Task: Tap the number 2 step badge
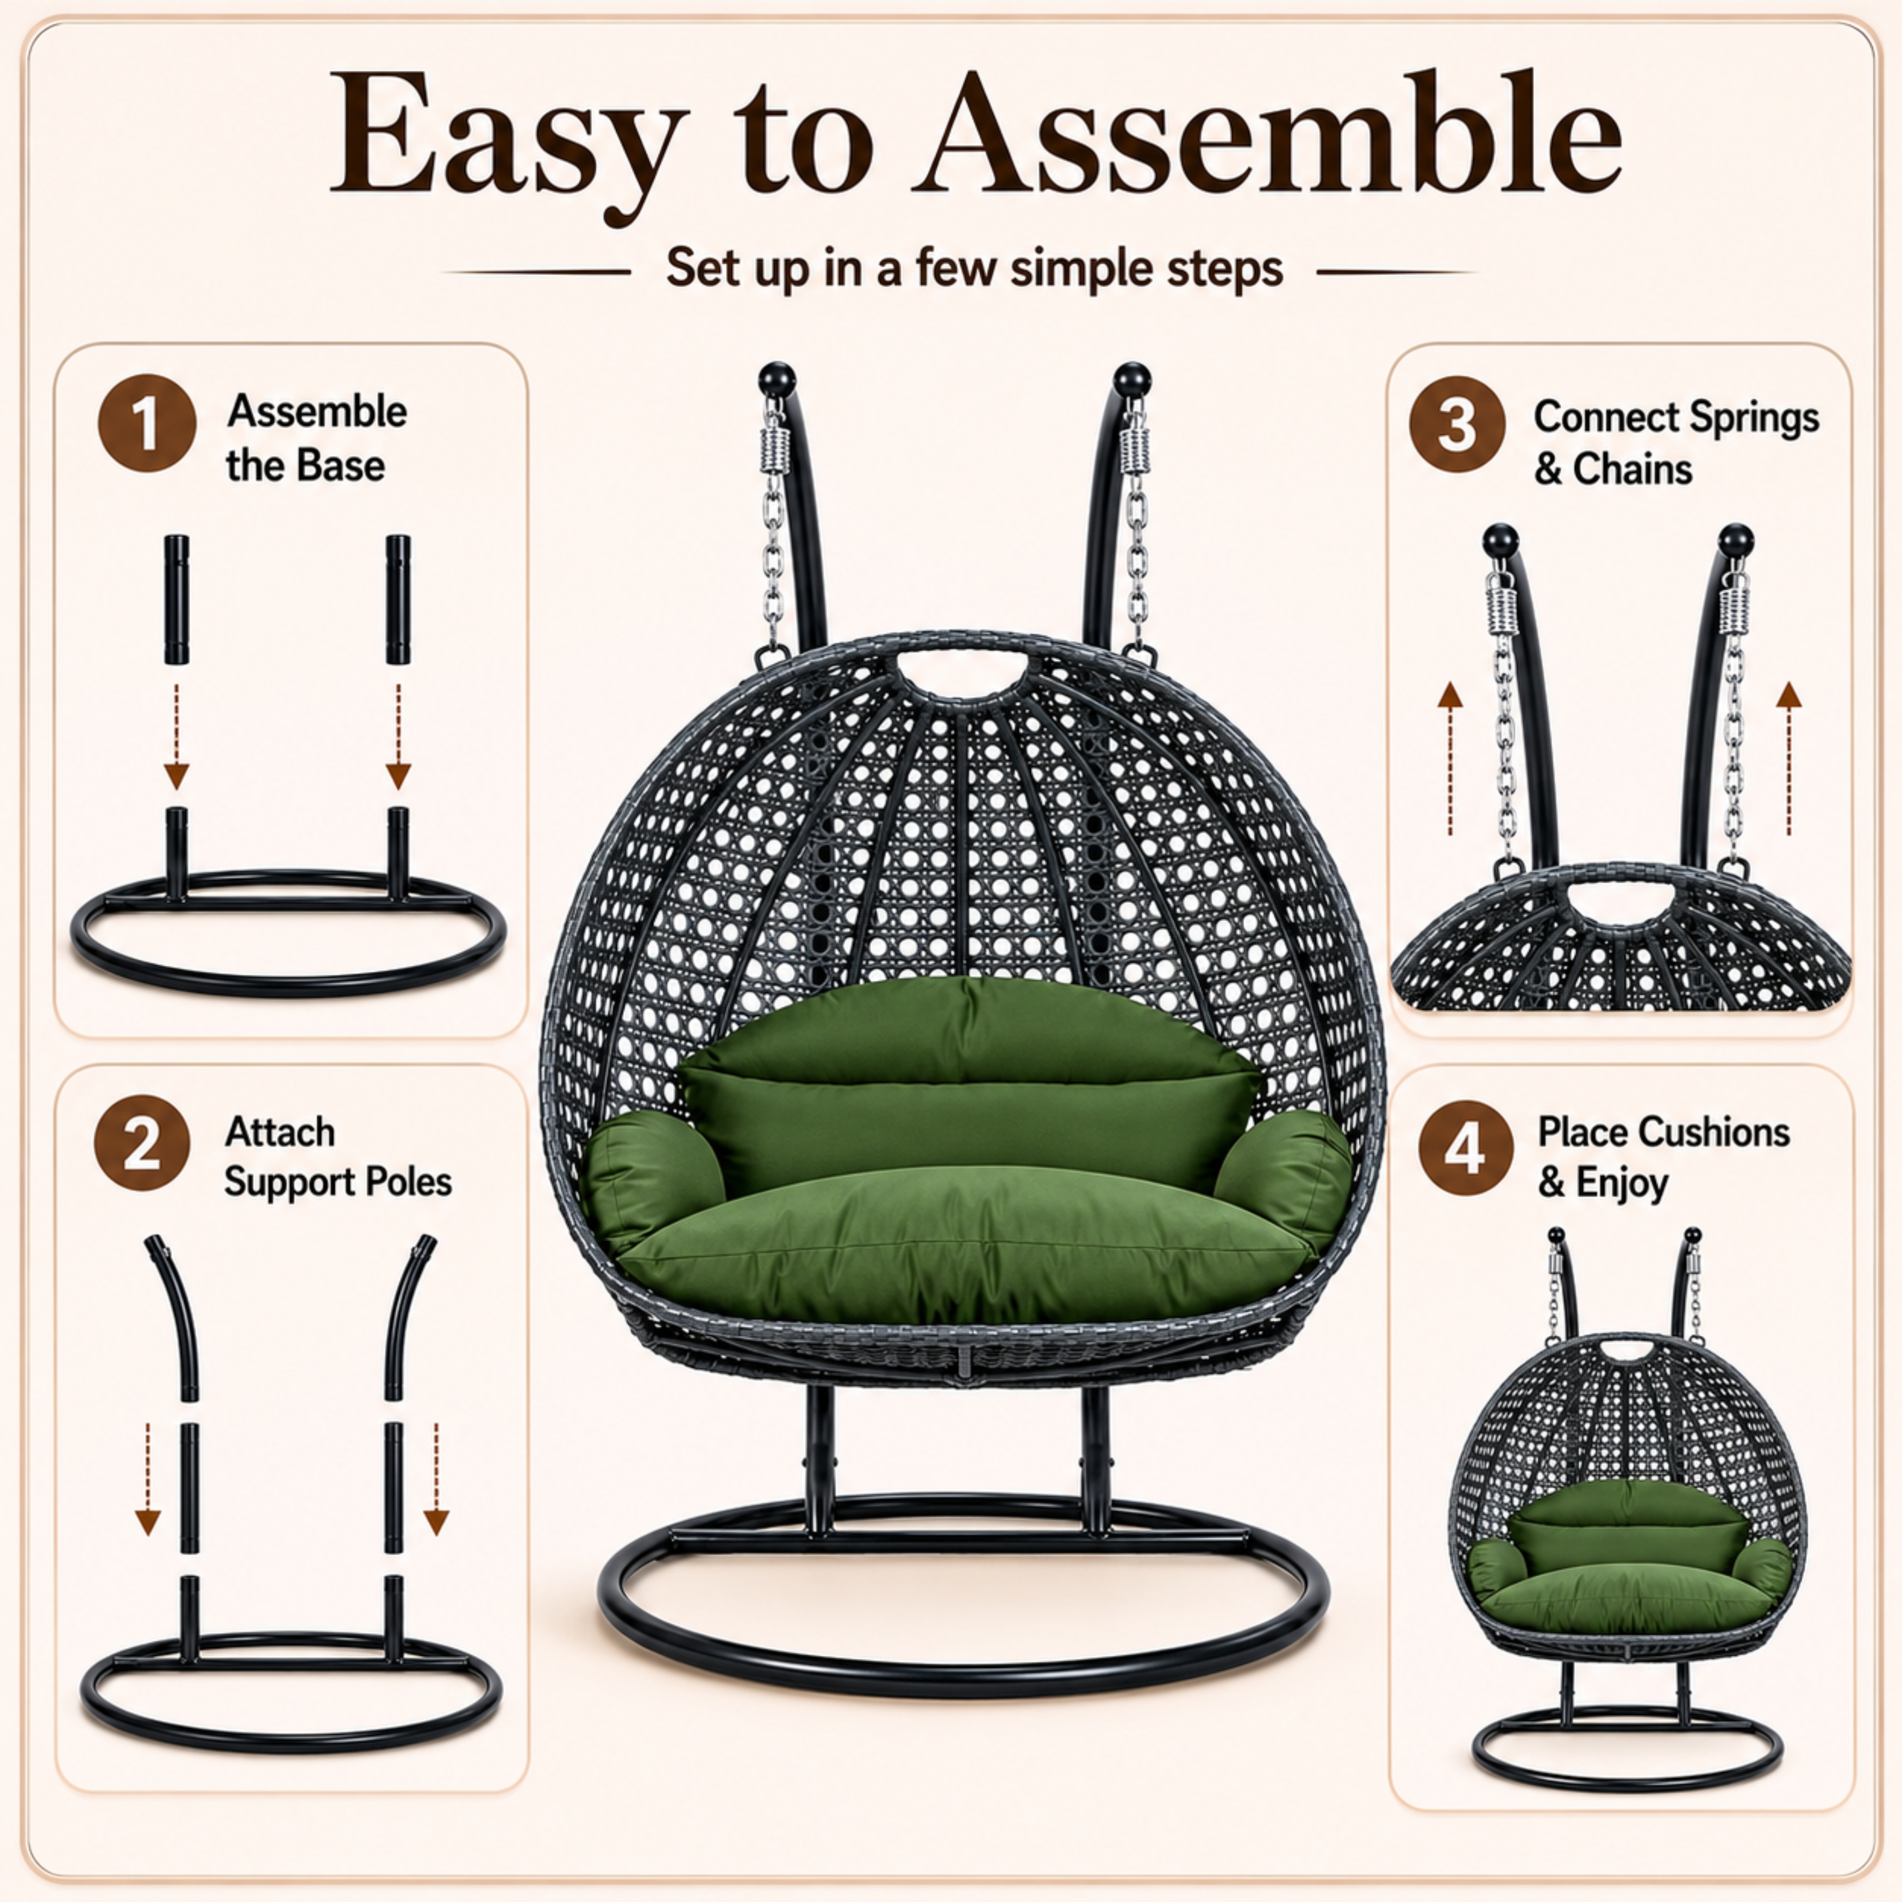pyautogui.click(x=142, y=1143)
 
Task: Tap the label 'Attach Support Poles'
pyautogui.click(x=337, y=1157)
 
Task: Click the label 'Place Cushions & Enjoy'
pyautogui.click(x=1664, y=1157)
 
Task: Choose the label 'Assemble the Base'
pyautogui.click(x=316, y=438)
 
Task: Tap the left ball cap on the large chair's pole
pyautogui.click(x=777, y=378)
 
